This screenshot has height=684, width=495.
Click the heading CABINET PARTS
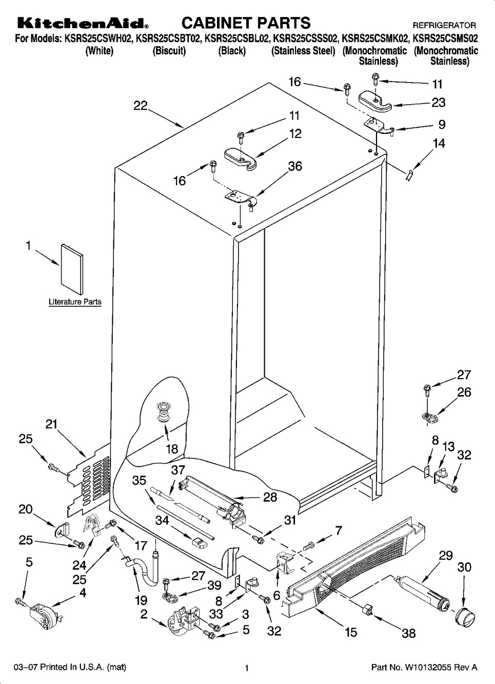pos(246,23)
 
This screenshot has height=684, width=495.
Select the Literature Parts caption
pos(75,302)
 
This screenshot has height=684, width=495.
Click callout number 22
pos(141,105)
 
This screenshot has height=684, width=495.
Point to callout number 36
pos(295,166)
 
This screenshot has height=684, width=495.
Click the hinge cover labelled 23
pos(376,100)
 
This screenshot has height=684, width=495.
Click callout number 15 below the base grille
pos(351,632)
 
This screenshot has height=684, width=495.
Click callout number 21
pos(51,424)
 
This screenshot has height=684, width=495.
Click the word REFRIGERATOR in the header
pos(444,25)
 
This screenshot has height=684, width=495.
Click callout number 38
pos(408,633)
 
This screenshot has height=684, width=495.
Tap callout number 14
pos(439,144)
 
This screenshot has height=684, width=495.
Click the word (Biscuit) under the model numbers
pos(169,51)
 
